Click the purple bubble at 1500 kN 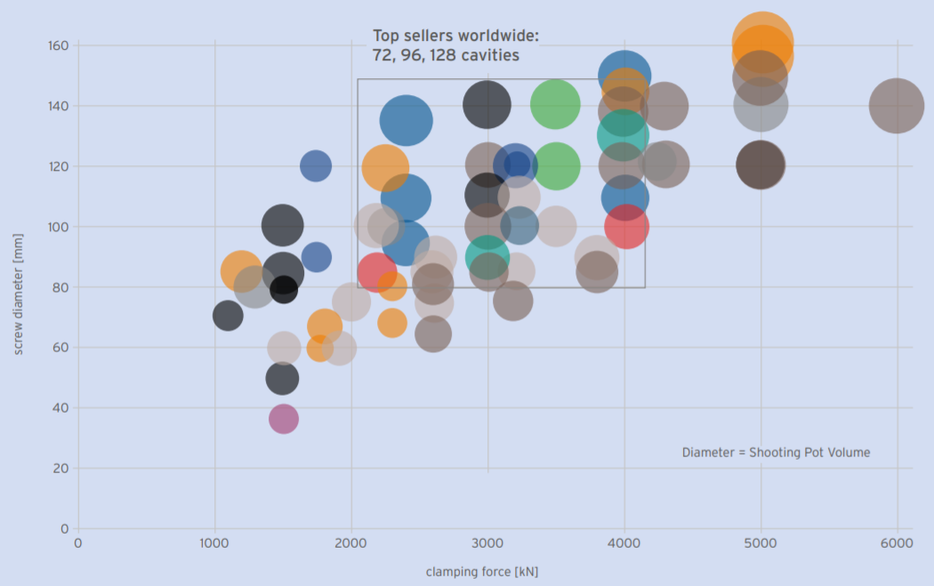283,419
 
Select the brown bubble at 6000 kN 897,105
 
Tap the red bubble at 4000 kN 626,227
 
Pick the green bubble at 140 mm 555,104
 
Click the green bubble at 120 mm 555,166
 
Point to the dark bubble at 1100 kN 228,316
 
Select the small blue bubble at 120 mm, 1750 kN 316,165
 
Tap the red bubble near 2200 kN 377,272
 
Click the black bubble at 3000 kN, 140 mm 487,104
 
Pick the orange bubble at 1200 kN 240,269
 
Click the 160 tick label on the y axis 59,45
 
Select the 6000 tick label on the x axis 897,543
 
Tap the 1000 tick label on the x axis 214,543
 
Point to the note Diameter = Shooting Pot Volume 776,453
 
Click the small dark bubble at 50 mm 282,379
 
